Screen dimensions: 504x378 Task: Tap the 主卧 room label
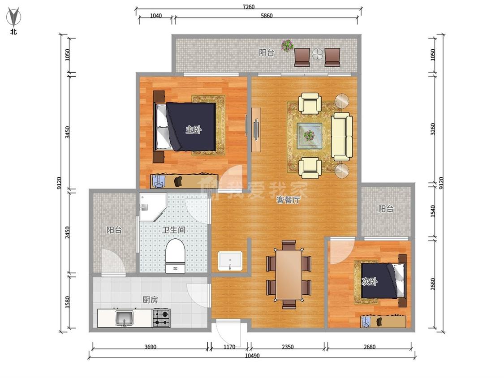194,130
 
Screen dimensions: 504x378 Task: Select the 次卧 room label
369,282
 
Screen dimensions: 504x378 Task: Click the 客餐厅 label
289,200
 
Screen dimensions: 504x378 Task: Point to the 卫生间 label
174,230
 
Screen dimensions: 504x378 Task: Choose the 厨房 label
150,300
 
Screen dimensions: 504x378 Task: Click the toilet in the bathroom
175,256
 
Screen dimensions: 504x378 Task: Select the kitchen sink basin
124,318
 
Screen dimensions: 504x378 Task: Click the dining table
289,274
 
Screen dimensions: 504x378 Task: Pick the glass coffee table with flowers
309,136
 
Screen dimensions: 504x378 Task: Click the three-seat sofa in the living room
342,137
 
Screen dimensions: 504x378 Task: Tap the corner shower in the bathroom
152,207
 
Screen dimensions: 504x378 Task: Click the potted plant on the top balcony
287,45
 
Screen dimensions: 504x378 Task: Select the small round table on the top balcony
317,54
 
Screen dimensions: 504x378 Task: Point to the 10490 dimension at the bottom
252,356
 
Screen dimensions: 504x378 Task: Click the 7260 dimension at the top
249,7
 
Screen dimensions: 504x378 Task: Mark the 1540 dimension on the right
433,211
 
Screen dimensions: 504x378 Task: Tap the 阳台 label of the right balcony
386,209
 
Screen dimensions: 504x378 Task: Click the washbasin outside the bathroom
230,261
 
